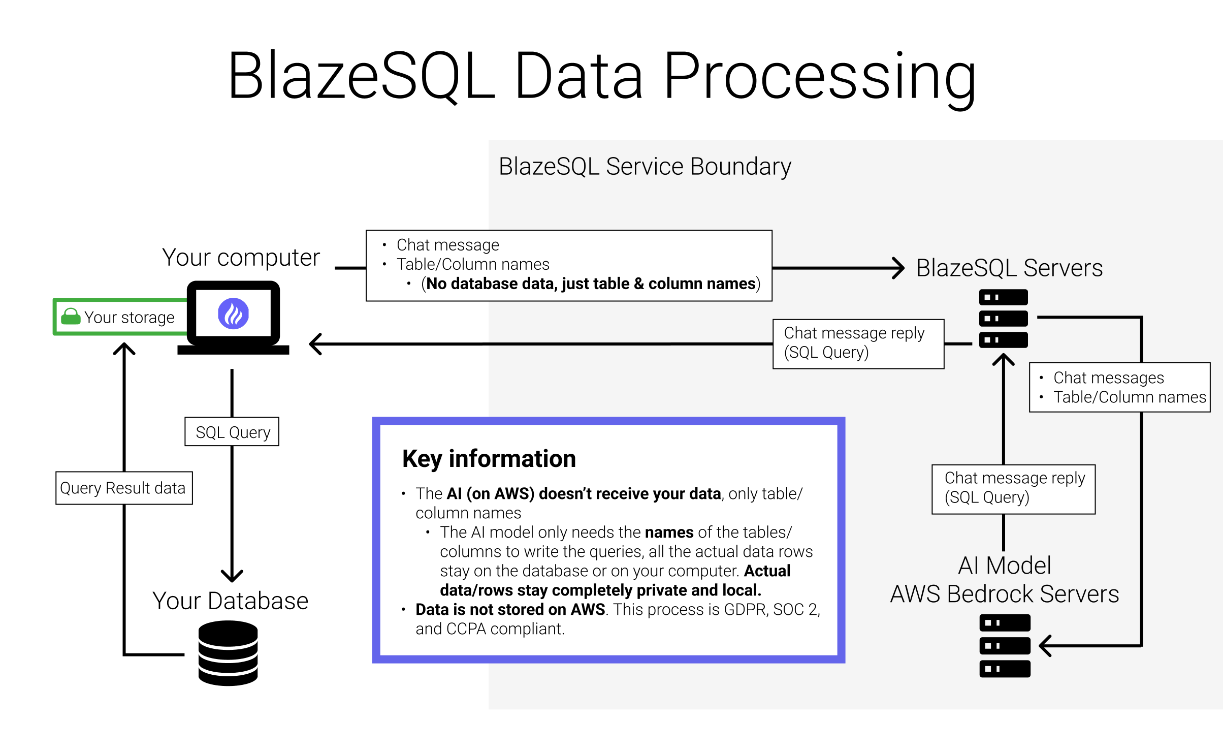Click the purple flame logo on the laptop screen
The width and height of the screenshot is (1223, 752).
click(233, 314)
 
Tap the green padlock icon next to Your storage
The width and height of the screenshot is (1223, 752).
click(71, 317)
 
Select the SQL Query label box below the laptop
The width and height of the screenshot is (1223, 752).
click(232, 432)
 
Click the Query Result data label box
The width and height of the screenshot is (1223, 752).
click(123, 488)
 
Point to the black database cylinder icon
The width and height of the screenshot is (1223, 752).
click(228, 653)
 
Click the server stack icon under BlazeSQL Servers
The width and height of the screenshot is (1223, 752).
click(1003, 319)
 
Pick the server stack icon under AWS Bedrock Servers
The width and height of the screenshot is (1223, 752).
click(1005, 646)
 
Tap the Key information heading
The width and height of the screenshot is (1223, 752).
click(489, 459)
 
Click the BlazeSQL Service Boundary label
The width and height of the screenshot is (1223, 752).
click(645, 167)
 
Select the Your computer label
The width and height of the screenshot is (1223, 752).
click(241, 258)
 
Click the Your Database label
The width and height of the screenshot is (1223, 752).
click(230, 601)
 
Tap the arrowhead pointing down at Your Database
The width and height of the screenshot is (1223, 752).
click(232, 576)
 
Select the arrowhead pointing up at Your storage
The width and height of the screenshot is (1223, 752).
click(124, 349)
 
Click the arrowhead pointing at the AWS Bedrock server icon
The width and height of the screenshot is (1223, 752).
click(1045, 646)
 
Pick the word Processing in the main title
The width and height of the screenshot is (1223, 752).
click(819, 76)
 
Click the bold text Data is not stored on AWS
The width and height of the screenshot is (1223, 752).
click(510, 609)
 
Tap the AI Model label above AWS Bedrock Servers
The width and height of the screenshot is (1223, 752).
click(1004, 566)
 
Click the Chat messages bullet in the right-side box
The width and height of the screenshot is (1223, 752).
click(1108, 378)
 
